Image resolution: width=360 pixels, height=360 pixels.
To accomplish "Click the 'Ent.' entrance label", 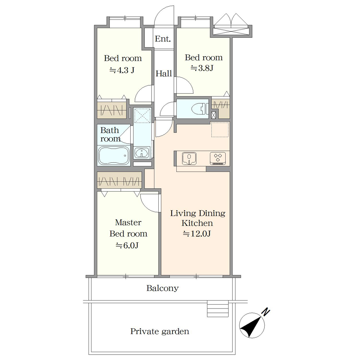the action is (x=163, y=39).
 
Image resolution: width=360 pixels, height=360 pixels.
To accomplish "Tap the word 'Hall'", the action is (x=164, y=73).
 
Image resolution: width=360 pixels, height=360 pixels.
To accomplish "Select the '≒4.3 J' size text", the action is (x=122, y=70).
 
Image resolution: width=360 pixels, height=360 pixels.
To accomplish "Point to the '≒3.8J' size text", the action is (x=202, y=68).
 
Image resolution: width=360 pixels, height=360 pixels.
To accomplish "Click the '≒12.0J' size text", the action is (x=197, y=234).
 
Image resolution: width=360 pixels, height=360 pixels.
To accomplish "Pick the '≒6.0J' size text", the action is (x=127, y=246).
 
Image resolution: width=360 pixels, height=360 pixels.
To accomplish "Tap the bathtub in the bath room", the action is (x=114, y=156).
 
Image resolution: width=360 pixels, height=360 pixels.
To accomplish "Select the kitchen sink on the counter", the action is (x=189, y=158).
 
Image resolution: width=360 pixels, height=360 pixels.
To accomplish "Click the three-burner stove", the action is (x=218, y=158).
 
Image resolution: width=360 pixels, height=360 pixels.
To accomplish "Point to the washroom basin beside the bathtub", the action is (x=141, y=153).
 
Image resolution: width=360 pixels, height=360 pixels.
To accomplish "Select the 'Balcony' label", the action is (x=163, y=288).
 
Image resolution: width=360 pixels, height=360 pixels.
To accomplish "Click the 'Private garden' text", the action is (x=160, y=331).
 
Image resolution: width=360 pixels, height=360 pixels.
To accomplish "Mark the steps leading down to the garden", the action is (x=218, y=309).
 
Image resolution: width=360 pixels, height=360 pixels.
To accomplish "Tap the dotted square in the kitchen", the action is (x=220, y=130).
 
